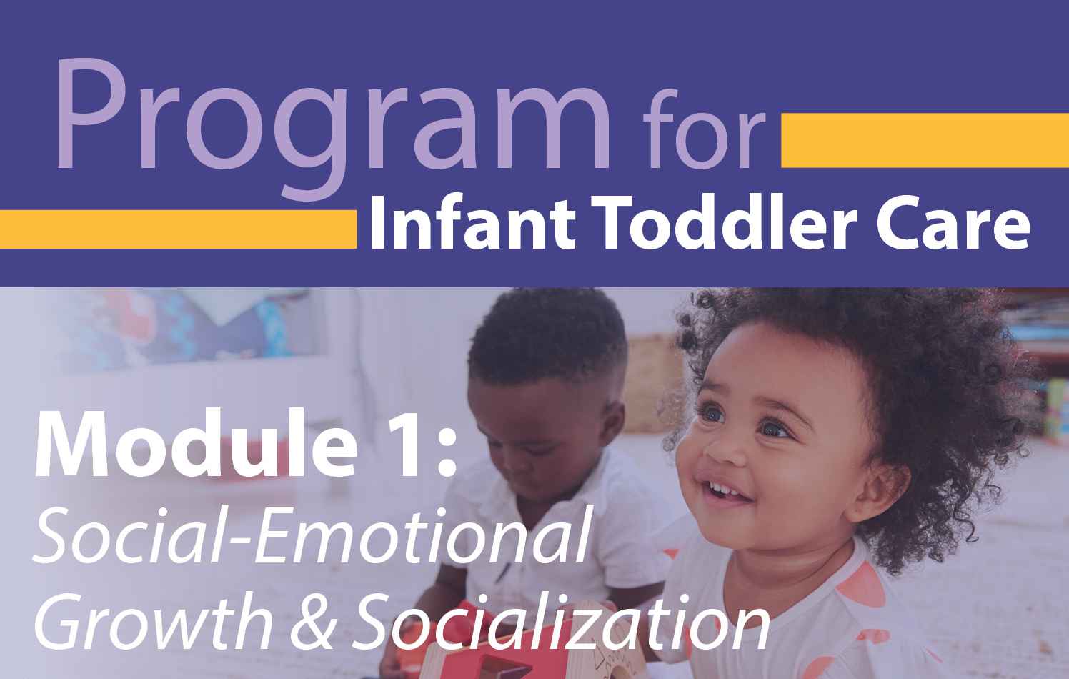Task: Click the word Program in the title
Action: click(333, 129)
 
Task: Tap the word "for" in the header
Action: click(704, 128)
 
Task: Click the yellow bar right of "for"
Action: click(925, 140)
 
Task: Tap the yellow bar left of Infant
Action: click(178, 229)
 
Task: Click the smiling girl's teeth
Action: click(722, 489)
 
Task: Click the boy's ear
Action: click(610, 420)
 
